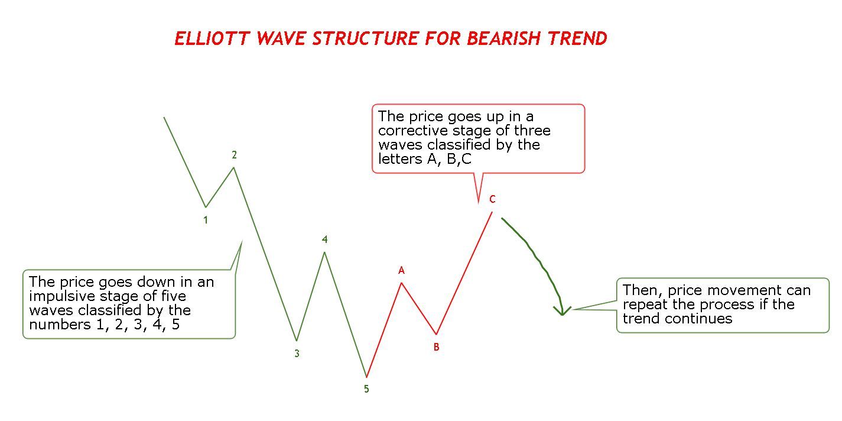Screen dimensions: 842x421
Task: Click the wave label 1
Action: click(206, 220)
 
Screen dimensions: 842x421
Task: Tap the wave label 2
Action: click(234, 155)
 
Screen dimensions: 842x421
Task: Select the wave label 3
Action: click(297, 354)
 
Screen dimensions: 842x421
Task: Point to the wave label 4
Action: click(325, 239)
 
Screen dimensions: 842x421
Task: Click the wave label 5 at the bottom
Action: click(366, 389)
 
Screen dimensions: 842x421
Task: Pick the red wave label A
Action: click(401, 270)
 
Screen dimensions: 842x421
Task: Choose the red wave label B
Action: click(437, 347)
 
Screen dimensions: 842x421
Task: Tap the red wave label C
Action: click(492, 199)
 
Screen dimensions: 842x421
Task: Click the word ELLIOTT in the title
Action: click(212, 38)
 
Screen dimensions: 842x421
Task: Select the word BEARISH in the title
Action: click(503, 38)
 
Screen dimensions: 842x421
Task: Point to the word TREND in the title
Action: click(577, 38)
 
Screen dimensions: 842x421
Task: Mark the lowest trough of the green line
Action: click(366, 377)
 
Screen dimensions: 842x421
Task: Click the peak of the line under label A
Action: click(401, 283)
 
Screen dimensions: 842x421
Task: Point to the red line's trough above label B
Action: click(437, 334)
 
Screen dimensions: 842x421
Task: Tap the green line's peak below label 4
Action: click(324, 252)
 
